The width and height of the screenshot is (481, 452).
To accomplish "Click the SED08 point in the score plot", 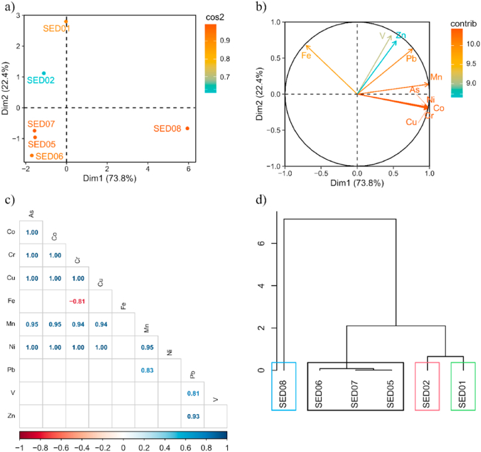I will (187, 128).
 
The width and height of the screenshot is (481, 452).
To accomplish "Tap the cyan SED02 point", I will (44, 73).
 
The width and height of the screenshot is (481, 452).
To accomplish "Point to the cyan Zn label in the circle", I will (401, 35).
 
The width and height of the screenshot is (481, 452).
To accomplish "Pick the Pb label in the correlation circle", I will (411, 58).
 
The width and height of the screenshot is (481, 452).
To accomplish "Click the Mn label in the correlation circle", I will (436, 78).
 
